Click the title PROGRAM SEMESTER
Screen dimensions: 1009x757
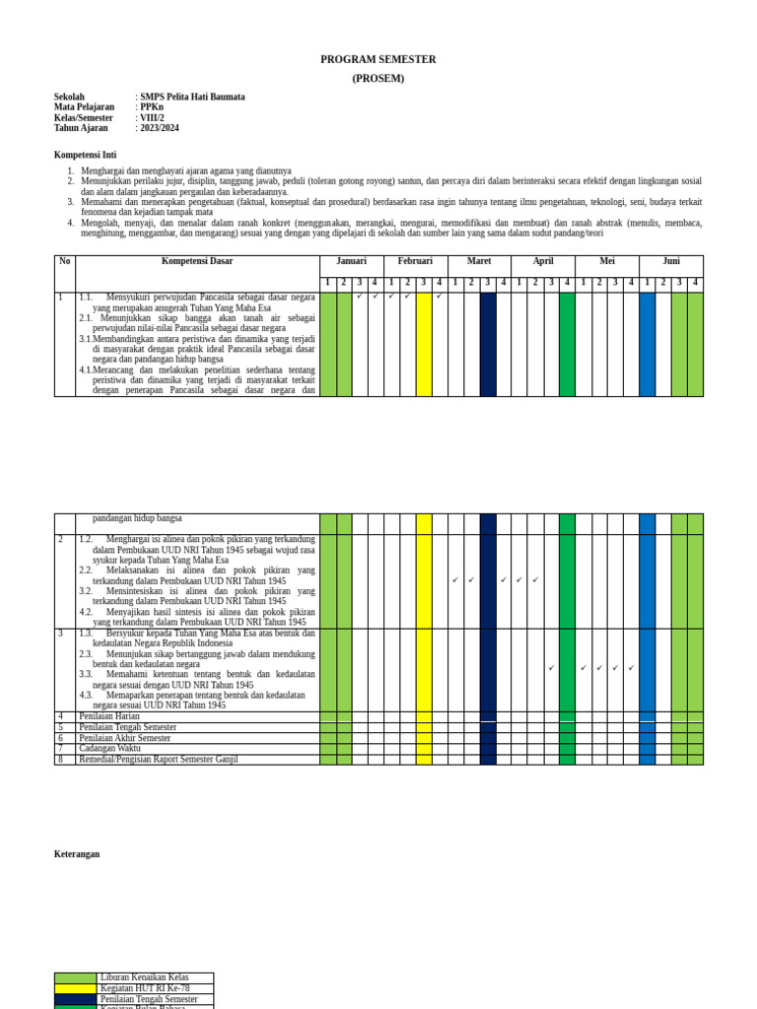(x=378, y=60)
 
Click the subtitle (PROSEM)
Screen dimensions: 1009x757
(x=378, y=79)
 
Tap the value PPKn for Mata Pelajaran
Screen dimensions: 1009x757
(x=152, y=107)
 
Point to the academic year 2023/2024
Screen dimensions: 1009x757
(x=160, y=128)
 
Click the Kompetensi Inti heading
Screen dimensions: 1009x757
(x=85, y=155)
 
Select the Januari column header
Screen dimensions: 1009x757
(x=351, y=261)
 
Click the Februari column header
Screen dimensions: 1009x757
(x=415, y=261)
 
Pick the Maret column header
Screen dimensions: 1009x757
(x=479, y=261)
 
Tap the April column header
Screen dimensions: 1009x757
(x=543, y=261)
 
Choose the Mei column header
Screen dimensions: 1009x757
(x=607, y=261)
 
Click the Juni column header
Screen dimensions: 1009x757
(x=671, y=261)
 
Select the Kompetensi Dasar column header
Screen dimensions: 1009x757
(x=197, y=261)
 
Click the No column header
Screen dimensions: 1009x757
(x=65, y=261)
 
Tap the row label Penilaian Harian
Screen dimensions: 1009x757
(x=111, y=716)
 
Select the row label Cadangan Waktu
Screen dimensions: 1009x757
(x=110, y=749)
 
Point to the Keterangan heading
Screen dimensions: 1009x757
(x=77, y=854)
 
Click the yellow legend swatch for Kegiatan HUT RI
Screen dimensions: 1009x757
(x=76, y=988)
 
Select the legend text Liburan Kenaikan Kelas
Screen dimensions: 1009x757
(x=145, y=977)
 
